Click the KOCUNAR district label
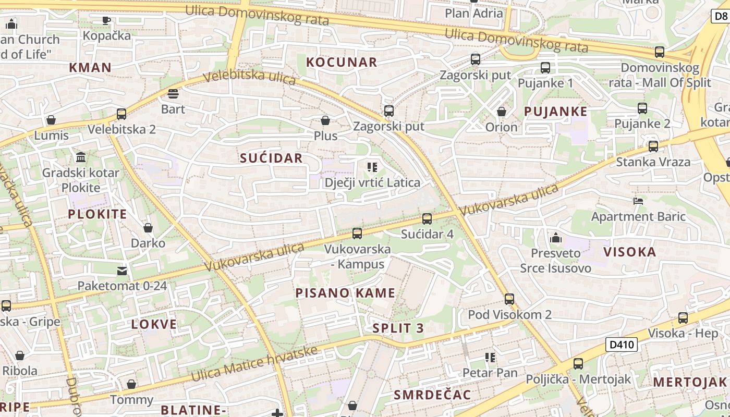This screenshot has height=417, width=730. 341,62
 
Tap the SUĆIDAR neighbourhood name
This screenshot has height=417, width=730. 271,158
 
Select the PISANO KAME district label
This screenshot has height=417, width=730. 345,293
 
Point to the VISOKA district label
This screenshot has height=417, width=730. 629,252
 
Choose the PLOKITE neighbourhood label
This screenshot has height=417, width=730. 98,214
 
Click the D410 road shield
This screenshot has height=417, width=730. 622,345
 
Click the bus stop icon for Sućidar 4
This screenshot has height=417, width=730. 427,219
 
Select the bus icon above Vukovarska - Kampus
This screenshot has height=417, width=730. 357,234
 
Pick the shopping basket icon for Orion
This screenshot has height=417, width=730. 502,112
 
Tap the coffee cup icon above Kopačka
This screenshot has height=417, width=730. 106,20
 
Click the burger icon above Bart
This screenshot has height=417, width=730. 173,94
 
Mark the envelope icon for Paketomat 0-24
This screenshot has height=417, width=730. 122,271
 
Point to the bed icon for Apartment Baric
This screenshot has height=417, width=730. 638,201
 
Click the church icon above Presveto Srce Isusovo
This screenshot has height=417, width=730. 555,238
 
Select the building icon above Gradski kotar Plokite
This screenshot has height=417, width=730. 81,157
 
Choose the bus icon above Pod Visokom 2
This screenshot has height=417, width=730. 509,299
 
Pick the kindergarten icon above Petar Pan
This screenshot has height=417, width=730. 490,358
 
